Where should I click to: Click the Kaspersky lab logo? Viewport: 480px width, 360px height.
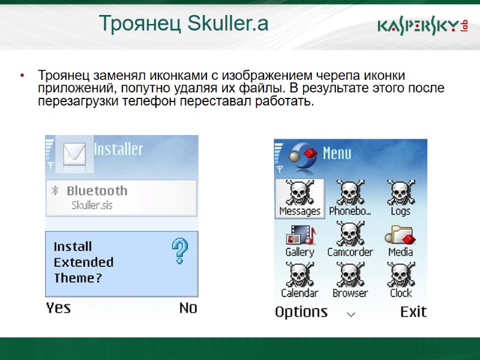pos(422,26)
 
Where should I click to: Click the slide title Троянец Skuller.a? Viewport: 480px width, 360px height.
pos(184,24)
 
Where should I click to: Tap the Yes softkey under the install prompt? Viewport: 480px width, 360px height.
pos(58,308)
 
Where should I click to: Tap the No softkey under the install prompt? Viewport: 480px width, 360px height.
pos(188,308)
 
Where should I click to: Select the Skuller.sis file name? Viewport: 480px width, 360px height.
pos(92,205)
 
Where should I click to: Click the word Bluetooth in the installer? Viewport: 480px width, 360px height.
pos(97,191)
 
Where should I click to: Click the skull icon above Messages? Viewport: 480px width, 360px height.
pos(299,193)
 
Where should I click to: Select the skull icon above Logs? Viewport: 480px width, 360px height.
pos(400,193)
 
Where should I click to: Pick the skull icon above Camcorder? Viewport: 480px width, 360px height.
pos(350,233)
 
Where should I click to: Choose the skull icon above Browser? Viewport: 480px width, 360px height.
pos(350,274)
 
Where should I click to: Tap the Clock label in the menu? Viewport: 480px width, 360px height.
pos(401,293)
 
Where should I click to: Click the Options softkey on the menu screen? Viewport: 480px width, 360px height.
pos(301,312)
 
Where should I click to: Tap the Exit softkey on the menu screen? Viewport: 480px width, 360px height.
pos(413,312)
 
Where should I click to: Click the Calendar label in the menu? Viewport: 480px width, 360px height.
pos(299,293)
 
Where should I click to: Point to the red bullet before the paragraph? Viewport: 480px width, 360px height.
pos(22,76)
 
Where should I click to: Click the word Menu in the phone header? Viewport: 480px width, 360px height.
pos(337,154)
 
